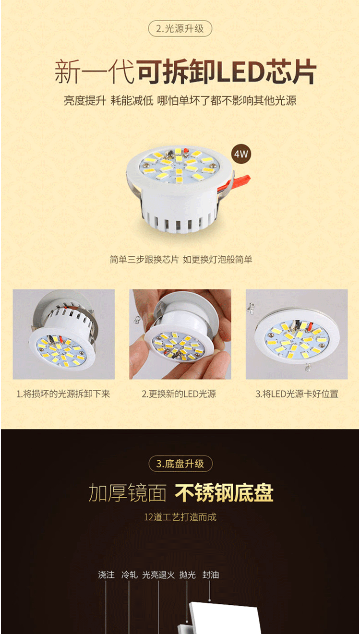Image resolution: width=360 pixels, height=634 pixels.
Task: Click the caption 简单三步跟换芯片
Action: [144, 260]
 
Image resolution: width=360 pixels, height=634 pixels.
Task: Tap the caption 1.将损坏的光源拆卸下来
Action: [63, 394]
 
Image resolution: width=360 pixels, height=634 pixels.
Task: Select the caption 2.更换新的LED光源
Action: [179, 394]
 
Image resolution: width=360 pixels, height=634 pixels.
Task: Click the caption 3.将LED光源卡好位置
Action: [297, 394]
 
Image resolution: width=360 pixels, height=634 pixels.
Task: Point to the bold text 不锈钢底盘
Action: [224, 493]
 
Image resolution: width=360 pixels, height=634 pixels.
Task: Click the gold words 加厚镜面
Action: [128, 493]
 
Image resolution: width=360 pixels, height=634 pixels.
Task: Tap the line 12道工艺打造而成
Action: [180, 517]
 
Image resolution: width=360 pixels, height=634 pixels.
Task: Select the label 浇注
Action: [106, 574]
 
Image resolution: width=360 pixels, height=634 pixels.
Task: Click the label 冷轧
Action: [129, 574]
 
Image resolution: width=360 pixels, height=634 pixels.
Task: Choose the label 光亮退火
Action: [158, 574]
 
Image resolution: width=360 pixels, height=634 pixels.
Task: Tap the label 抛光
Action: [188, 574]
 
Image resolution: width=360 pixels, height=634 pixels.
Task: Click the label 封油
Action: [211, 574]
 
